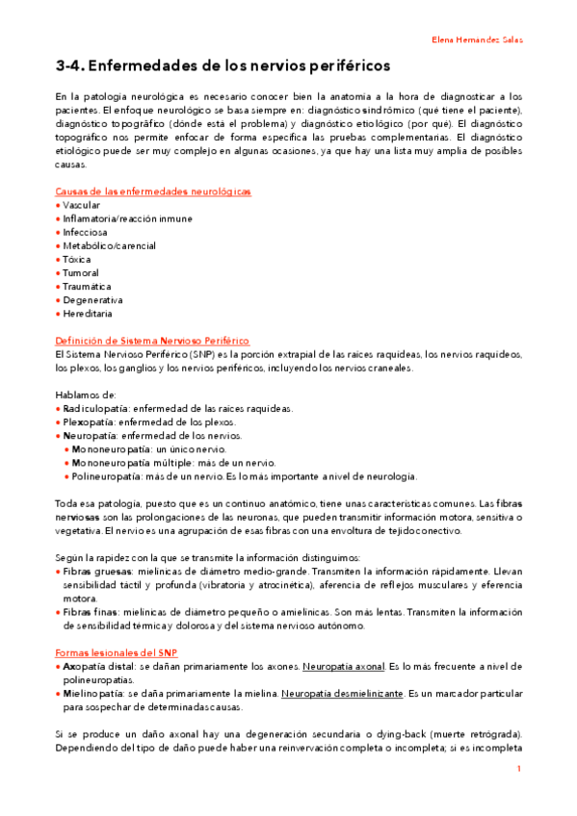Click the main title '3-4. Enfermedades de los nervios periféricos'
[223, 66]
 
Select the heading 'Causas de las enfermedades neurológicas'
[153, 191]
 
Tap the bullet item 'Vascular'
[81, 205]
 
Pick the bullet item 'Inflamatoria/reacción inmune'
[127, 218]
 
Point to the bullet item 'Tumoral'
[81, 273]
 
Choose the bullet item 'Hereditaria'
[87, 314]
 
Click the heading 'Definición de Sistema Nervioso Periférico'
[152, 341]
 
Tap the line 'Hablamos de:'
[86, 395]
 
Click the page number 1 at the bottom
[518, 769]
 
